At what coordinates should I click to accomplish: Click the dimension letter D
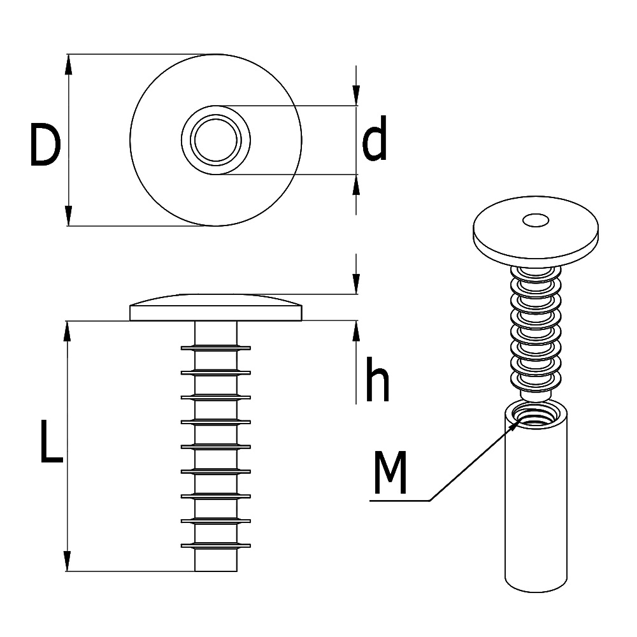45,147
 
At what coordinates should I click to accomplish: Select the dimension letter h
376,380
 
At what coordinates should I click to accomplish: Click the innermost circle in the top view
215,140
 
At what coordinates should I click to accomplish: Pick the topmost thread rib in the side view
215,348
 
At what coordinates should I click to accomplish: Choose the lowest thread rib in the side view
215,546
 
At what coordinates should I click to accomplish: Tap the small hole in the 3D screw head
536,220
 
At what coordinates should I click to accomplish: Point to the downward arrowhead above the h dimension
355,285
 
